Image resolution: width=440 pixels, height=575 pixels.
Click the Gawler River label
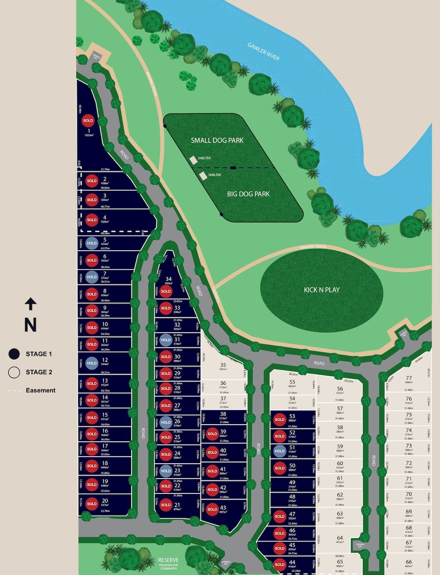[x=263, y=52]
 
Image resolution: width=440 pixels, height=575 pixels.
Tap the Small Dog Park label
[x=217, y=140]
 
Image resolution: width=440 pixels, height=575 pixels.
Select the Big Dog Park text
[x=248, y=194]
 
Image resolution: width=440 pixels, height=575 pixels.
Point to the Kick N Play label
[x=322, y=290]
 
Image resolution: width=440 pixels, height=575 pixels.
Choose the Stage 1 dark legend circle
[x=14, y=354]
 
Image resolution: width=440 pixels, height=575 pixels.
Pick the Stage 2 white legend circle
[x=14, y=372]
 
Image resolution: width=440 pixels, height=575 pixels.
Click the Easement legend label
[x=40, y=390]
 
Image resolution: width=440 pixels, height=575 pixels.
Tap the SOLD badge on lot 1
[x=88, y=121]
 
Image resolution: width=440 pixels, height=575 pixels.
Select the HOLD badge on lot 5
[x=92, y=243]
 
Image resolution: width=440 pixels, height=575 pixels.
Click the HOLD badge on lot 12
[x=92, y=363]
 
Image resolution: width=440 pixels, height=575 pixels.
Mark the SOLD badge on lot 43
[x=212, y=509]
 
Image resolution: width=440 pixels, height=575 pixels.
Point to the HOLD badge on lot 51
[x=279, y=451]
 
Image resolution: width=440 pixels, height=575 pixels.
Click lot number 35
[x=223, y=365]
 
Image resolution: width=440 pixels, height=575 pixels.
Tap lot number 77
[x=409, y=378]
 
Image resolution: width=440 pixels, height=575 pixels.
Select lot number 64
[x=340, y=538]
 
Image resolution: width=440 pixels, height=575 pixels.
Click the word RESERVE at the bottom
[x=168, y=560]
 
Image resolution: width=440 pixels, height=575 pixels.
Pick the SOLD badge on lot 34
[x=166, y=291]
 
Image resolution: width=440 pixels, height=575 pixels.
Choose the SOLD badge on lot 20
[x=92, y=504]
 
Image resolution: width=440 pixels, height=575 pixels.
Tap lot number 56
[x=340, y=389]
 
